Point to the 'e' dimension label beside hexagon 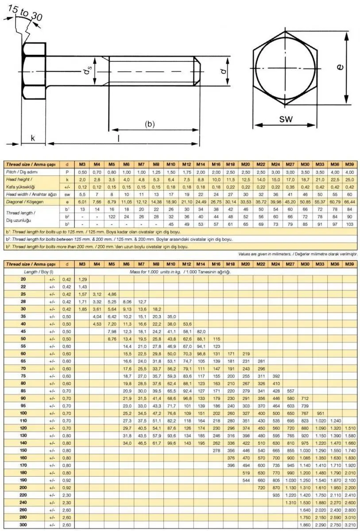pos(339,67)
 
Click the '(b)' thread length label pos(150,124)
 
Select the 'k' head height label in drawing pos(32,138)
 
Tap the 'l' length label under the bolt pos(118,138)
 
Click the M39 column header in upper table pos(349,164)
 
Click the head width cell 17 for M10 pos(171,193)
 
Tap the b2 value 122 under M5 pos(112,217)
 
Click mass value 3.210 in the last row pos(349,524)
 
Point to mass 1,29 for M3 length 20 pos(82,279)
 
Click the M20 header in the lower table pos(245,264)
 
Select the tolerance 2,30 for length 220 pos(67,495)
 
